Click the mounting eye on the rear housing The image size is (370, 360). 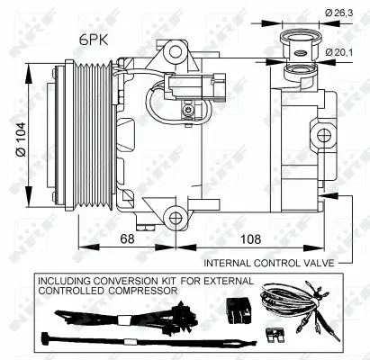324,134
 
